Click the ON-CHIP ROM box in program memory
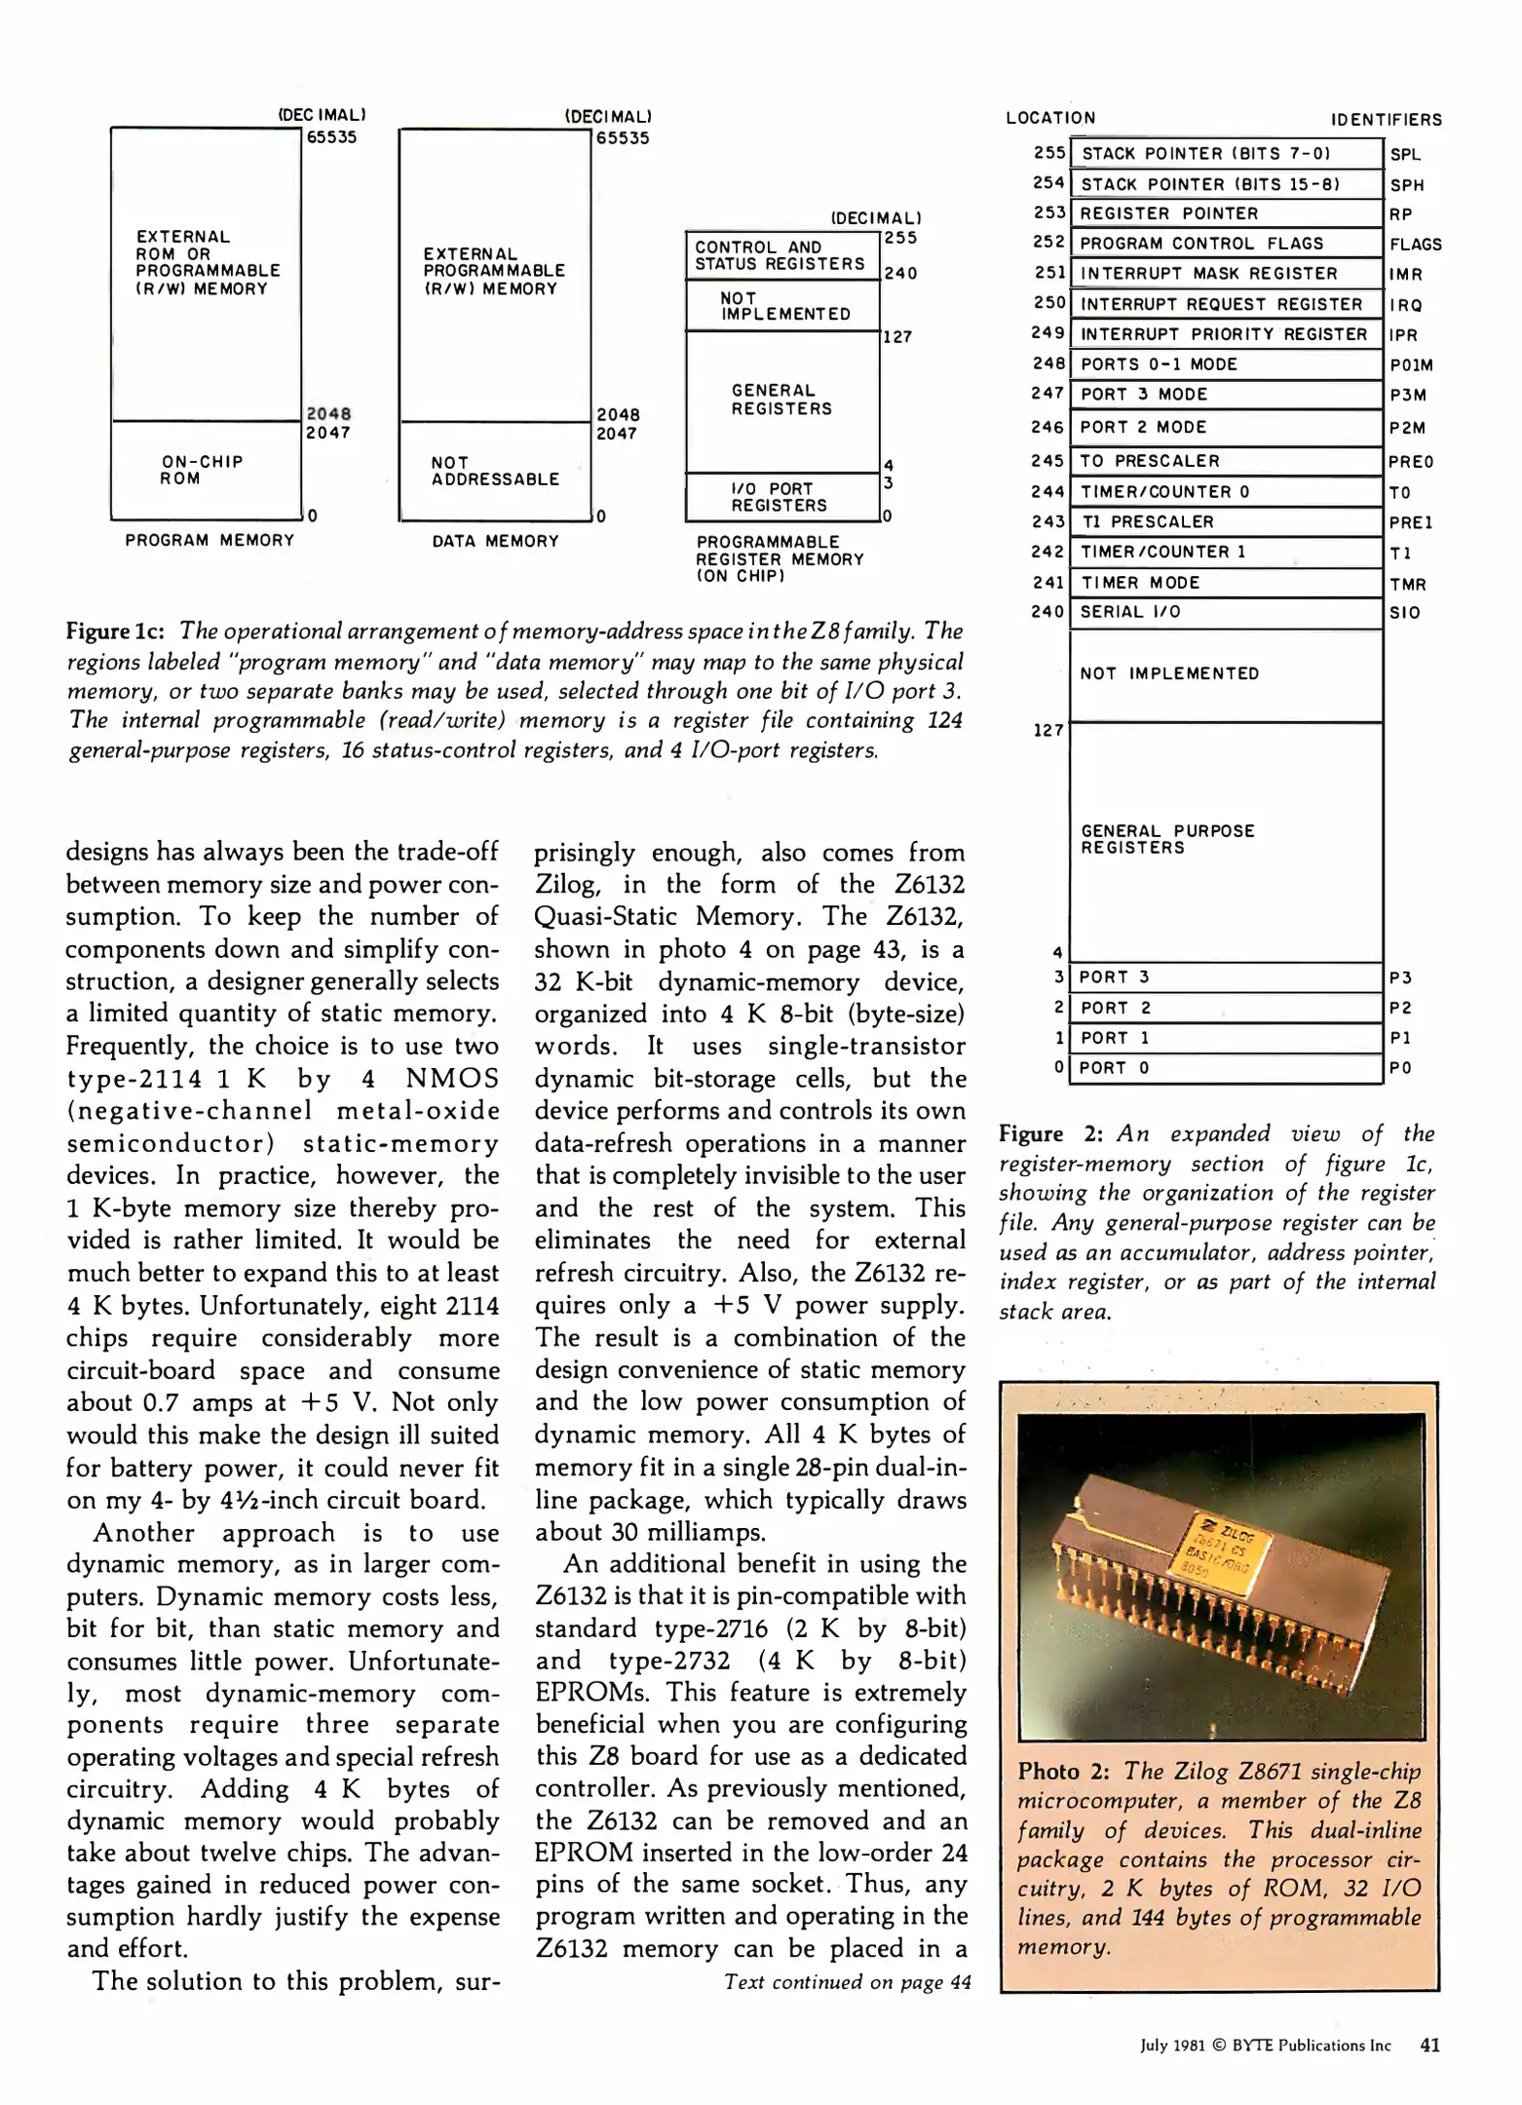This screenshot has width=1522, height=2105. (x=206, y=470)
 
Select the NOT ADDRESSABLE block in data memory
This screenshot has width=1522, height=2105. (x=495, y=471)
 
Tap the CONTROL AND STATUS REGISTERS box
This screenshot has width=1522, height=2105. (x=781, y=255)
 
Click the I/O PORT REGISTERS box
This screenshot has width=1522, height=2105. (x=781, y=497)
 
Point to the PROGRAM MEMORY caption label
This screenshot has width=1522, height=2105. (x=209, y=540)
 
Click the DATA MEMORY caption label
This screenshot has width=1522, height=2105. (x=495, y=541)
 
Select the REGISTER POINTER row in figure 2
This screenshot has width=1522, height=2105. (x=1226, y=213)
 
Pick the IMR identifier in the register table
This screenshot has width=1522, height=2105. (x=1406, y=275)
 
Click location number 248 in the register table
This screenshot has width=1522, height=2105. (x=1048, y=364)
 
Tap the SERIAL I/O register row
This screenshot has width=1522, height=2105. (x=1226, y=612)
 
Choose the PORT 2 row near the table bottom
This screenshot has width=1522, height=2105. (x=1226, y=1008)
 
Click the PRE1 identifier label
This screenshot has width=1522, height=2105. (x=1411, y=522)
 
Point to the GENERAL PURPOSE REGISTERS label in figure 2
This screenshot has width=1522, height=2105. (x=1167, y=839)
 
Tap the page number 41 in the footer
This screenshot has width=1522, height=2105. (x=1429, y=2045)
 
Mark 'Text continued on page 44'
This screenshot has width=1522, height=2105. (x=847, y=1981)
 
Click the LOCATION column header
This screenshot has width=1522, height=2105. (x=1050, y=118)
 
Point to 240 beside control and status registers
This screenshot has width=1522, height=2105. (x=900, y=274)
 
